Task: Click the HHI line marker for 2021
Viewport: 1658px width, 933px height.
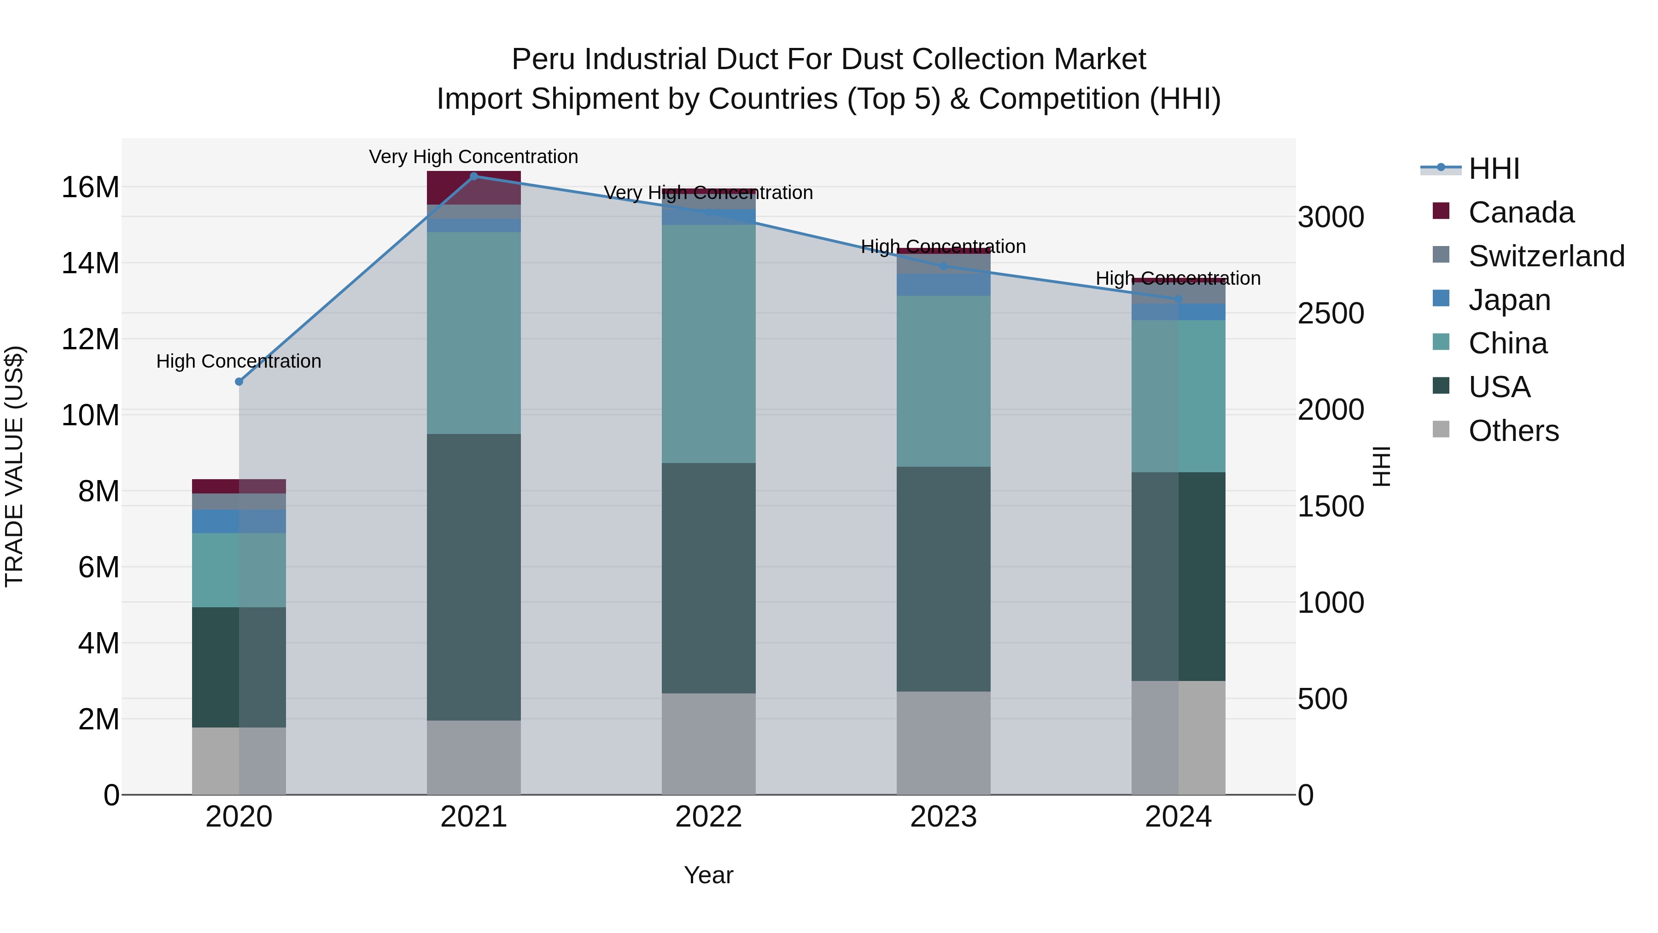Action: click(474, 176)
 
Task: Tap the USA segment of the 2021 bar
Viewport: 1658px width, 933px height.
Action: click(474, 576)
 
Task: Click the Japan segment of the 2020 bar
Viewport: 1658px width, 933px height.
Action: click(239, 521)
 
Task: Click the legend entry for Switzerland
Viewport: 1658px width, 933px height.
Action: click(1546, 256)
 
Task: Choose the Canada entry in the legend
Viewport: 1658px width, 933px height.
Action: click(1521, 212)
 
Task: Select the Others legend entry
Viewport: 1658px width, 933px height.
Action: click(1513, 431)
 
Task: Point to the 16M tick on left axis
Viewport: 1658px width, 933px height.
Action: click(90, 188)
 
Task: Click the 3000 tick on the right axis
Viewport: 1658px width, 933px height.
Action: click(1331, 217)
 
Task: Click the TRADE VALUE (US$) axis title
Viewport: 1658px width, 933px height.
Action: click(14, 466)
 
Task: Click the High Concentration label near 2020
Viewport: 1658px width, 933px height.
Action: click(238, 361)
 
